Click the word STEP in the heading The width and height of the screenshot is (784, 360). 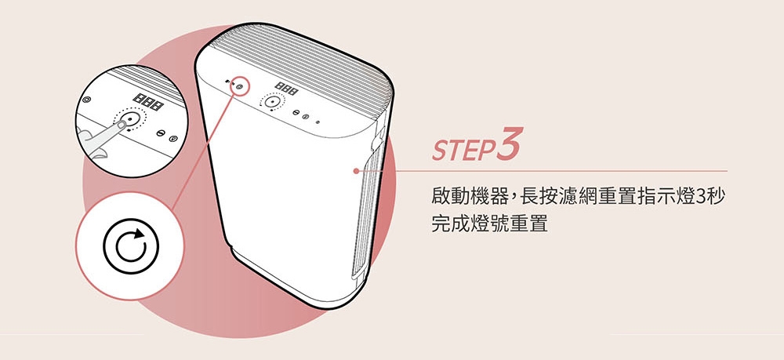point(459,150)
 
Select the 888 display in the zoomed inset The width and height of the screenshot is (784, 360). point(148,100)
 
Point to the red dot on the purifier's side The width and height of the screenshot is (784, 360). point(356,170)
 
